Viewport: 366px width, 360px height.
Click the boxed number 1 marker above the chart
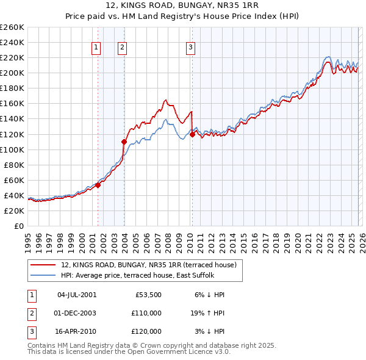[x=96, y=48]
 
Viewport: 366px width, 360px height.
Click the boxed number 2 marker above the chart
[x=123, y=48]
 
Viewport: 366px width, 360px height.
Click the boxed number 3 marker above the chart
[x=190, y=48]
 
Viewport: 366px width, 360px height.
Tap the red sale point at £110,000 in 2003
[x=124, y=142]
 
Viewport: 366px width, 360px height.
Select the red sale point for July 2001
[x=98, y=185]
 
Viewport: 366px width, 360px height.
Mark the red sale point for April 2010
[x=192, y=134]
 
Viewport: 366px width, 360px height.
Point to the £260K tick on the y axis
[x=12, y=27]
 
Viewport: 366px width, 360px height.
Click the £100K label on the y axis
[x=12, y=149]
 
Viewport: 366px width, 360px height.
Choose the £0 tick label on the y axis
[x=18, y=226]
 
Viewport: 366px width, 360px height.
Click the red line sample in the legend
[x=43, y=265]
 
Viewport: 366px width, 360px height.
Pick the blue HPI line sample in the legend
[x=43, y=275]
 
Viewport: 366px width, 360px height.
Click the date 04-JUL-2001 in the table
[x=76, y=295]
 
